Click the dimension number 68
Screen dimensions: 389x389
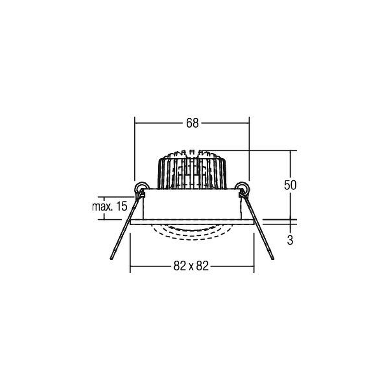pos(192,123)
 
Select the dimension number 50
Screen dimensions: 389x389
pos(290,185)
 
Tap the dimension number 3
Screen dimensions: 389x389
pos(290,240)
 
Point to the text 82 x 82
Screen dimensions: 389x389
pos(191,266)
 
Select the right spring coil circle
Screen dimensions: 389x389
pos(242,188)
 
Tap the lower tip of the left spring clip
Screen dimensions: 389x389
pos(111,259)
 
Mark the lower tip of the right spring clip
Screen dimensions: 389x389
pos(273,259)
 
